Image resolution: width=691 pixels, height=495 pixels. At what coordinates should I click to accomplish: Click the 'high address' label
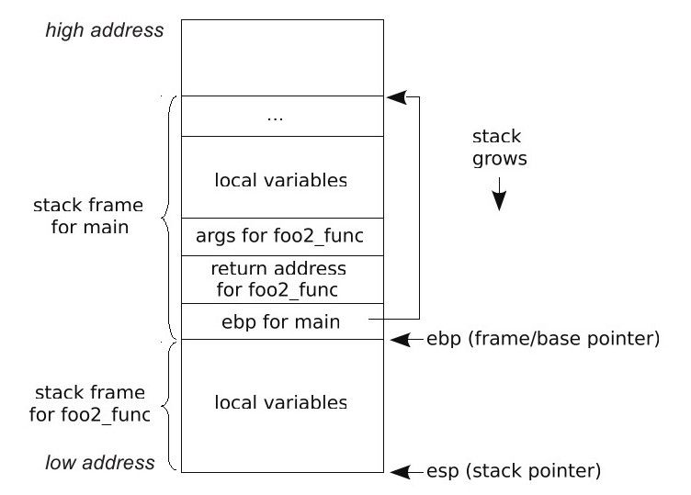tap(104, 30)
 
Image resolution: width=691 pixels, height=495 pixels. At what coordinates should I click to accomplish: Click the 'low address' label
tap(100, 462)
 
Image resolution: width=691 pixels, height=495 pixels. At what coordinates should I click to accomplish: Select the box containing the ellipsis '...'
tap(282, 117)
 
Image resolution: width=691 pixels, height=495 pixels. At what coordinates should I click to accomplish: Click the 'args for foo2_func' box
tap(281, 236)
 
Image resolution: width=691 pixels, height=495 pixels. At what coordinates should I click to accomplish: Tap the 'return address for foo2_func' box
tap(281, 279)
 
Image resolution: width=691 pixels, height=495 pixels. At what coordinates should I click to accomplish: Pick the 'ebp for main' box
tap(281, 321)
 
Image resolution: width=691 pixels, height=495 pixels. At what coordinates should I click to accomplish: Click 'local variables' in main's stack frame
tap(281, 179)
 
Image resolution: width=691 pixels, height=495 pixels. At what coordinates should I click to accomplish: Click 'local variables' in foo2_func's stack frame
tap(281, 402)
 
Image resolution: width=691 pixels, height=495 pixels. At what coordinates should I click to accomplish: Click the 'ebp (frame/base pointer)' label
tap(542, 339)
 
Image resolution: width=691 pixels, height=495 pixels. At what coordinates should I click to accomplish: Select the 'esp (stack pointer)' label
tap(513, 472)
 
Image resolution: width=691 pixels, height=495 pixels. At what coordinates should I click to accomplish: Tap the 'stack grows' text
tap(497, 148)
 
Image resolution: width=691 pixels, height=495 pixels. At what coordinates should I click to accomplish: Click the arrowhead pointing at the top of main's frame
tap(394, 96)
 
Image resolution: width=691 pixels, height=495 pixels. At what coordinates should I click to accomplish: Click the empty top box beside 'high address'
tap(282, 57)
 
